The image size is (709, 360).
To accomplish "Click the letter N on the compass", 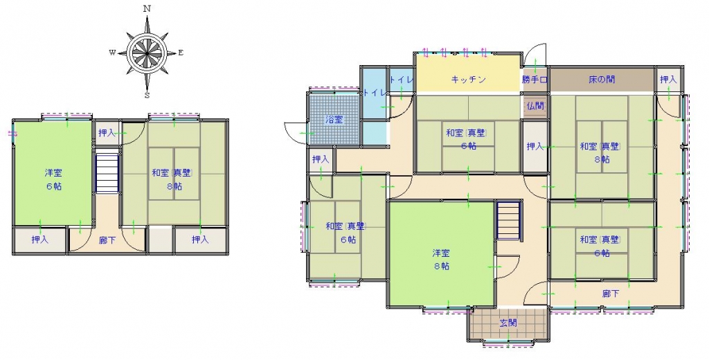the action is [x=147, y=8].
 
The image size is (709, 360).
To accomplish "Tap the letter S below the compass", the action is [x=147, y=95].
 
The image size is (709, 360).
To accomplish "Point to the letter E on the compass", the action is [x=181, y=53].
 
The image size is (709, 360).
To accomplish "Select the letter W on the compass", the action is [x=112, y=53].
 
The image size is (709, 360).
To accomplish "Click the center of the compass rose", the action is [x=147, y=53].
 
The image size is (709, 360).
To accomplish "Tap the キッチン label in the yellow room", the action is [x=469, y=80].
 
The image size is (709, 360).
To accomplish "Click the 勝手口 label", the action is [x=535, y=80].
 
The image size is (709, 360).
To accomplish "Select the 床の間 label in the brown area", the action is [x=602, y=80].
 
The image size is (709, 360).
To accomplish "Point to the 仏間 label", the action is [x=535, y=106].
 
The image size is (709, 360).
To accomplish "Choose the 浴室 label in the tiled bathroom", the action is [x=334, y=120].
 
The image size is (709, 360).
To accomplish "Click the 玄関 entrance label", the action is [x=508, y=323].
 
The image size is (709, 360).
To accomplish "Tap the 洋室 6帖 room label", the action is [x=53, y=179].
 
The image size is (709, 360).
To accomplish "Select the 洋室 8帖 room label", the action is [x=441, y=260].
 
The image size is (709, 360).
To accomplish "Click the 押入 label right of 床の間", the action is [x=668, y=80].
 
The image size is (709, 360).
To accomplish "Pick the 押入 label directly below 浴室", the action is [x=321, y=160].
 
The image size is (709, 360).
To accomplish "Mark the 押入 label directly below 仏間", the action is [x=535, y=147].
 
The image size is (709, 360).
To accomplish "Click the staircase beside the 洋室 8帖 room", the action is [x=509, y=220].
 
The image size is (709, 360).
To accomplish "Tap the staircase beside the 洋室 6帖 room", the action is [x=107, y=173].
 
